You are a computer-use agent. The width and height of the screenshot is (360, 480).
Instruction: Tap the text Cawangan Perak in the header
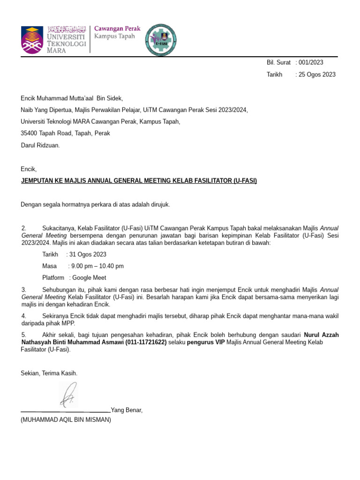117,28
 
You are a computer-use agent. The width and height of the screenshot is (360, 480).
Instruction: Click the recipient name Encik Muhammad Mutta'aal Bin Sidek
72,98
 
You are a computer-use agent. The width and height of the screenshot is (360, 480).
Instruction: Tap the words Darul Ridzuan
40,145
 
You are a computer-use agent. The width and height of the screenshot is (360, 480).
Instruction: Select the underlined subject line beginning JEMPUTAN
139,181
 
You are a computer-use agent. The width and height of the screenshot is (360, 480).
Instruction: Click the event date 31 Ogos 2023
88,255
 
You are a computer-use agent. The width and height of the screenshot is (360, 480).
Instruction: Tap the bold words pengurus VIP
207,343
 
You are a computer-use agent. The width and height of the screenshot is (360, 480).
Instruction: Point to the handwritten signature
67,394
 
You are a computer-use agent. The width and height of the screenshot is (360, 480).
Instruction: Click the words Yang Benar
127,411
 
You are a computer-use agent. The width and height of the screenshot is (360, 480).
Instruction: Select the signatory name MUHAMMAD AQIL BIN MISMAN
66,420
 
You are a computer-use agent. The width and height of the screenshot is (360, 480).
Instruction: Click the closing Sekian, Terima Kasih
49,373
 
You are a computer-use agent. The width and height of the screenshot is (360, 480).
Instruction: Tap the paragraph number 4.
24,316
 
